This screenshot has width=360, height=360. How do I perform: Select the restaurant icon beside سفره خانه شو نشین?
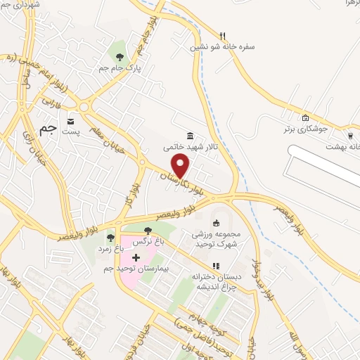tap(222, 36)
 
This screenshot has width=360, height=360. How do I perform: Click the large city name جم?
tap(48, 129)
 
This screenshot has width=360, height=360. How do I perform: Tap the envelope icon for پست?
tap(70, 122)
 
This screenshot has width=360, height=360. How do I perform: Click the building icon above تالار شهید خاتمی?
tap(190, 136)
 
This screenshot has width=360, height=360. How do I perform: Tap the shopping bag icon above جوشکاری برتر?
tap(305, 118)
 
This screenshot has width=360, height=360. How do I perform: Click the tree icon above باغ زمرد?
tap(110, 237)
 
